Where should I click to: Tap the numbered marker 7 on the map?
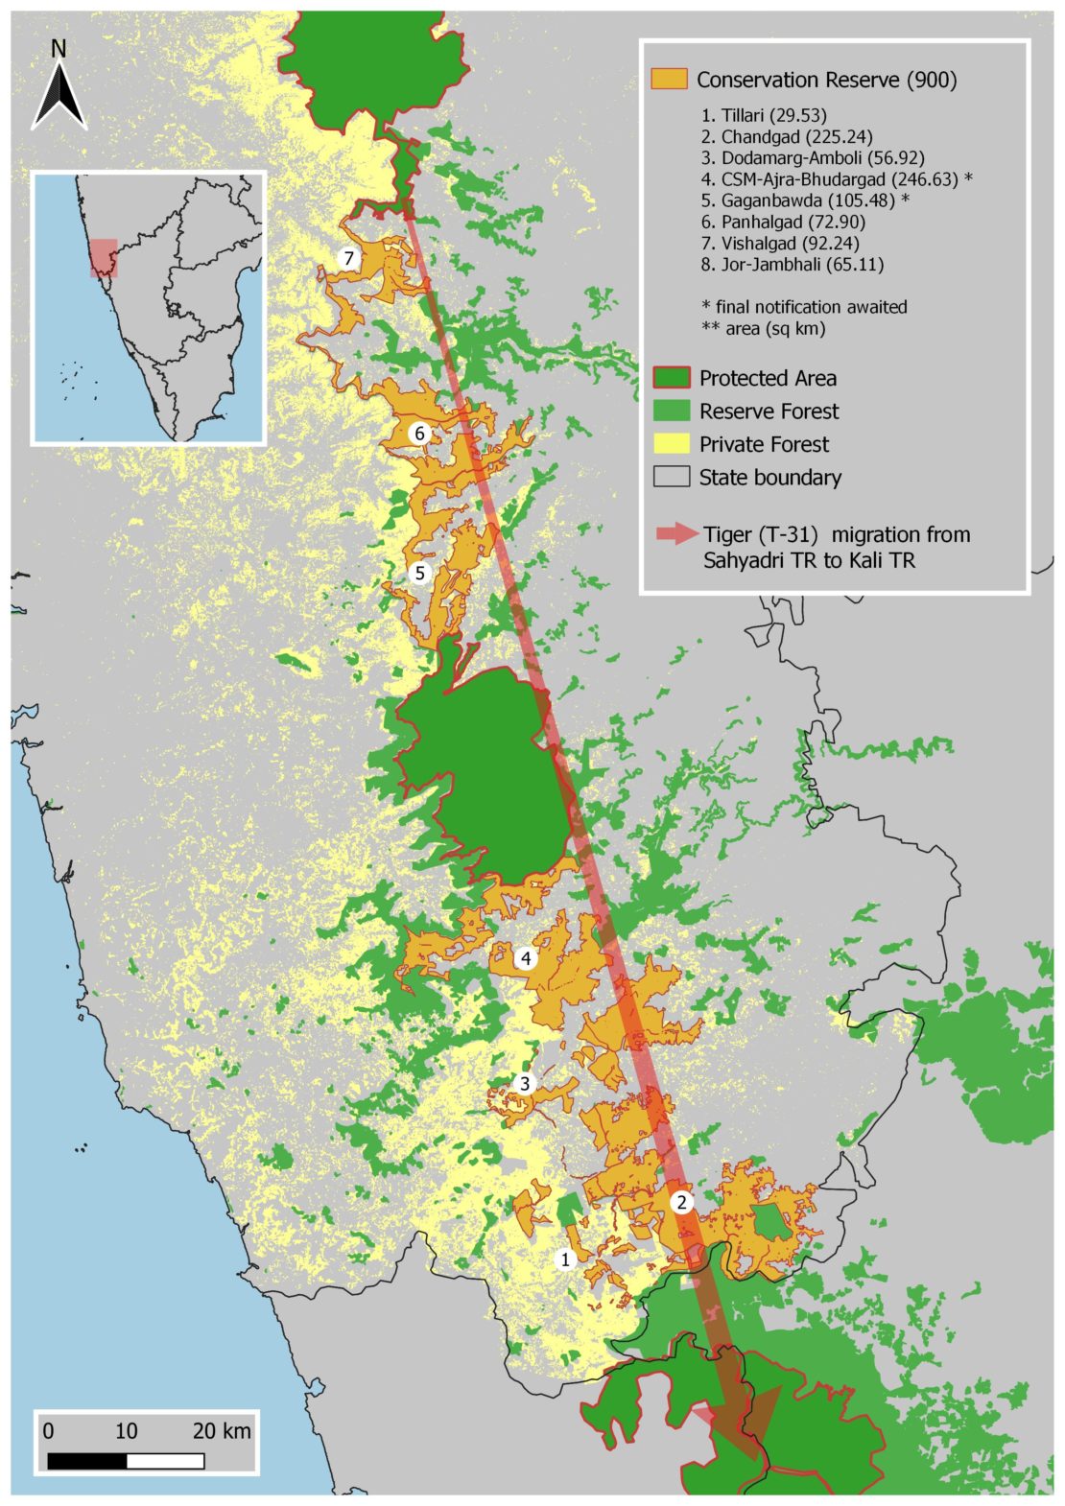[x=349, y=258]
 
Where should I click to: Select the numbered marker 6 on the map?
[x=419, y=434]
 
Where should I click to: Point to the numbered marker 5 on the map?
[x=419, y=574]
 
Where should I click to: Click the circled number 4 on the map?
[x=525, y=958]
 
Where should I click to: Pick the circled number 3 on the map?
[x=524, y=1084]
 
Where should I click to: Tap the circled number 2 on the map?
[x=681, y=1202]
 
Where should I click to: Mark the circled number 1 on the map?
[x=566, y=1259]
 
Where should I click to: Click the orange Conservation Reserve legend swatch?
[x=669, y=80]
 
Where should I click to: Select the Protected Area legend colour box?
[x=671, y=378]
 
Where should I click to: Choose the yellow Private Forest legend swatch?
[x=671, y=444]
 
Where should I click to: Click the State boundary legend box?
[x=671, y=477]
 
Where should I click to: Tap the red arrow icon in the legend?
[x=675, y=535]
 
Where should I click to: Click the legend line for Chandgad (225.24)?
[x=787, y=136]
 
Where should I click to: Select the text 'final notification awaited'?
[x=811, y=307]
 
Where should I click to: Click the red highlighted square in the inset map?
[x=104, y=258]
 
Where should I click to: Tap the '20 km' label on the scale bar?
[x=222, y=1431]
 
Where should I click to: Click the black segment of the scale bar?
[x=86, y=1461]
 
